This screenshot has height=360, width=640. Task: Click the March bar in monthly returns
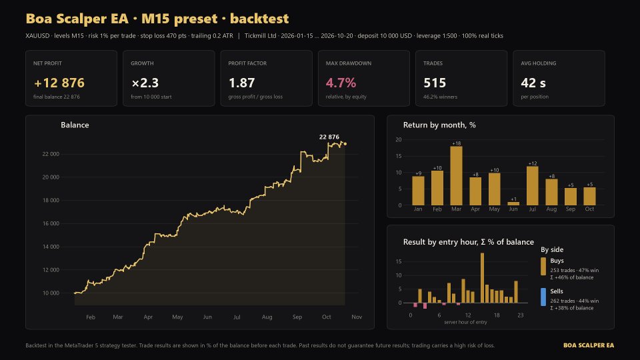point(456,175)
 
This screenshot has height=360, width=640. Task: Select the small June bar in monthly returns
point(513,203)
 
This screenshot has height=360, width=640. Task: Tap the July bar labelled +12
point(532,186)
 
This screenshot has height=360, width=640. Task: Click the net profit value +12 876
point(59,83)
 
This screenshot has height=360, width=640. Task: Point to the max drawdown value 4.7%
point(341,83)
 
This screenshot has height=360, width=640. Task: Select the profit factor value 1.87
point(241,83)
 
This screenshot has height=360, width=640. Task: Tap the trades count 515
point(435,83)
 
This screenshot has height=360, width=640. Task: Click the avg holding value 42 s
point(533,83)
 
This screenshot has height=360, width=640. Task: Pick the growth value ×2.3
point(145,83)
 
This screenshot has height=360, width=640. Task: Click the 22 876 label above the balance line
point(329,137)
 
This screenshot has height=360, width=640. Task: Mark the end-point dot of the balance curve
point(345,144)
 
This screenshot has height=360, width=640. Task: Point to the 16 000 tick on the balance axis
point(51,223)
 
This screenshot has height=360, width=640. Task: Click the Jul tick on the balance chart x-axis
point(237,317)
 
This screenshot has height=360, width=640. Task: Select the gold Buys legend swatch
point(543,266)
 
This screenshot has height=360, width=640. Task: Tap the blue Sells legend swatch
point(543,297)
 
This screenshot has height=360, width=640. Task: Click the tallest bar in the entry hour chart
point(482,278)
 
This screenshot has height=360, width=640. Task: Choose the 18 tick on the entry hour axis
point(497,315)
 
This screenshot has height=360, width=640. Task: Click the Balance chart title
point(75,125)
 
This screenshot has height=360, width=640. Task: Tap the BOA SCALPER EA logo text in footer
point(589,345)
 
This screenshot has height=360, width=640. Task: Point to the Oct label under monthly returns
point(589,209)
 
